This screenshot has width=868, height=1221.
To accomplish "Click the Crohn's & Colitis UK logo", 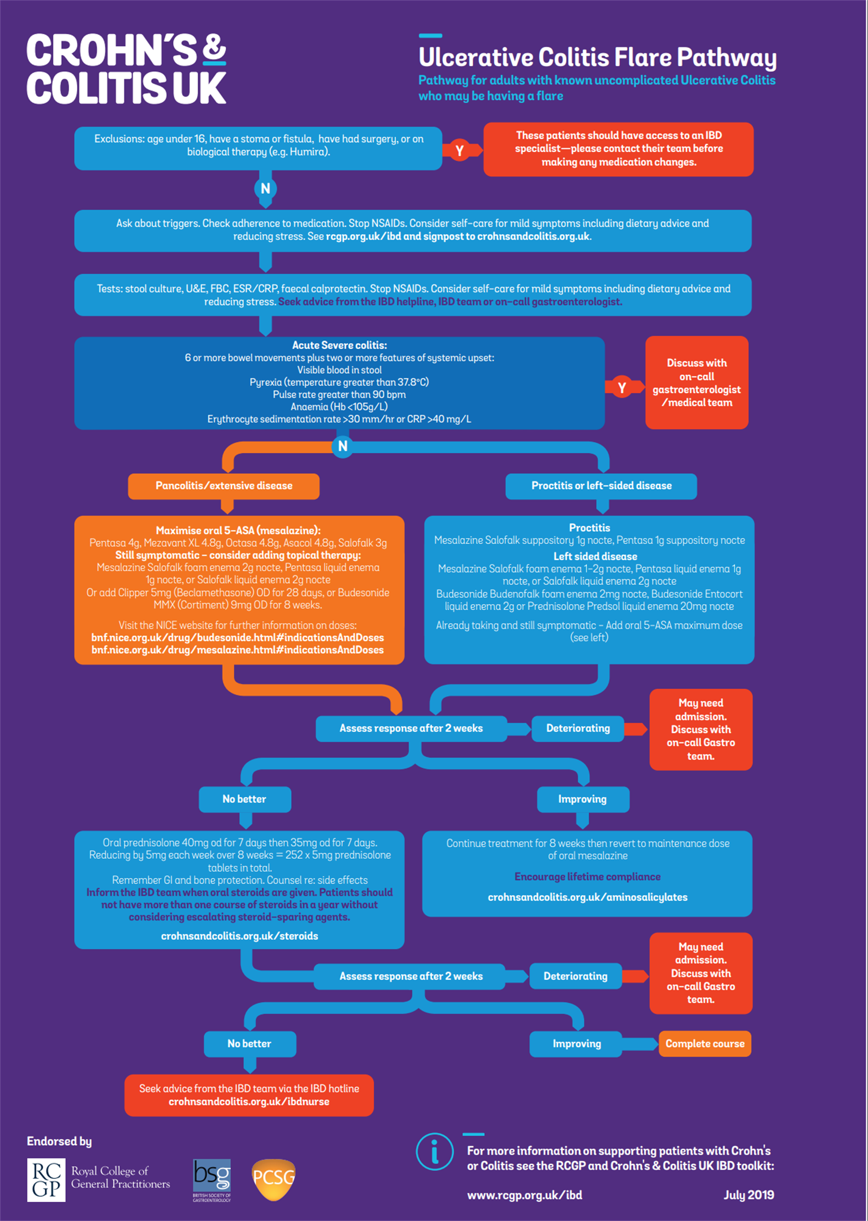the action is click(x=127, y=69).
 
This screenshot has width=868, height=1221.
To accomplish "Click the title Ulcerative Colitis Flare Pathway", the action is click(x=597, y=57).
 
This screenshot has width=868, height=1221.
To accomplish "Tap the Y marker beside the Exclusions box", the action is click(x=460, y=151).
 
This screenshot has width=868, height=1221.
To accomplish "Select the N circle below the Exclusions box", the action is click(x=265, y=189).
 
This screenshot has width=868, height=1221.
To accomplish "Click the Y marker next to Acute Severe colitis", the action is click(x=621, y=388).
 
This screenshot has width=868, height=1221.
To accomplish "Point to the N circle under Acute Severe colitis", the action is click(x=343, y=446).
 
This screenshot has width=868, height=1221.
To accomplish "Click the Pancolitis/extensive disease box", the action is click(x=224, y=486).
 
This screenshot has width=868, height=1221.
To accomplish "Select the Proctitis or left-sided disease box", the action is click(x=601, y=486).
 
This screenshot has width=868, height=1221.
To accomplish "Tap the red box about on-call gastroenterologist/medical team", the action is click(x=696, y=383).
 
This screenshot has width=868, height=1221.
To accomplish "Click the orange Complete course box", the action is click(x=705, y=1044).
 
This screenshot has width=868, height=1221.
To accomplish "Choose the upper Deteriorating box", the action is click(x=578, y=729).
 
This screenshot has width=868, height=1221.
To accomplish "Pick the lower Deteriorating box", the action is click(x=576, y=976).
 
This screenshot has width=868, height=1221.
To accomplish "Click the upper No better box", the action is click(x=245, y=799).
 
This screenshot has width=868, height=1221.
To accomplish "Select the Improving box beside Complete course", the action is click(x=576, y=1044).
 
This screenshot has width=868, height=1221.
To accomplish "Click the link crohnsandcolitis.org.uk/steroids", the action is click(x=239, y=936).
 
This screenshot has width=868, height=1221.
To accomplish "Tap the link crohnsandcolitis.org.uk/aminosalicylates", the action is click(x=587, y=897).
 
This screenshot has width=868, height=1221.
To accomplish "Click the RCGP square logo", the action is click(x=46, y=1180).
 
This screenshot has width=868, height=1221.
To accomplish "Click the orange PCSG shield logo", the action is click(x=273, y=1179).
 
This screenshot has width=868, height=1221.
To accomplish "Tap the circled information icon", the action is click(x=435, y=1151).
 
